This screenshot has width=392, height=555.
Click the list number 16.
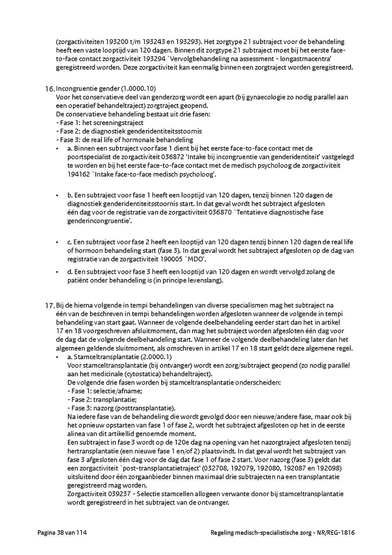pyautogui.click(x=50, y=89)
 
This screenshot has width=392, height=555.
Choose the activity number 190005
pyautogui.click(x=173, y=259)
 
